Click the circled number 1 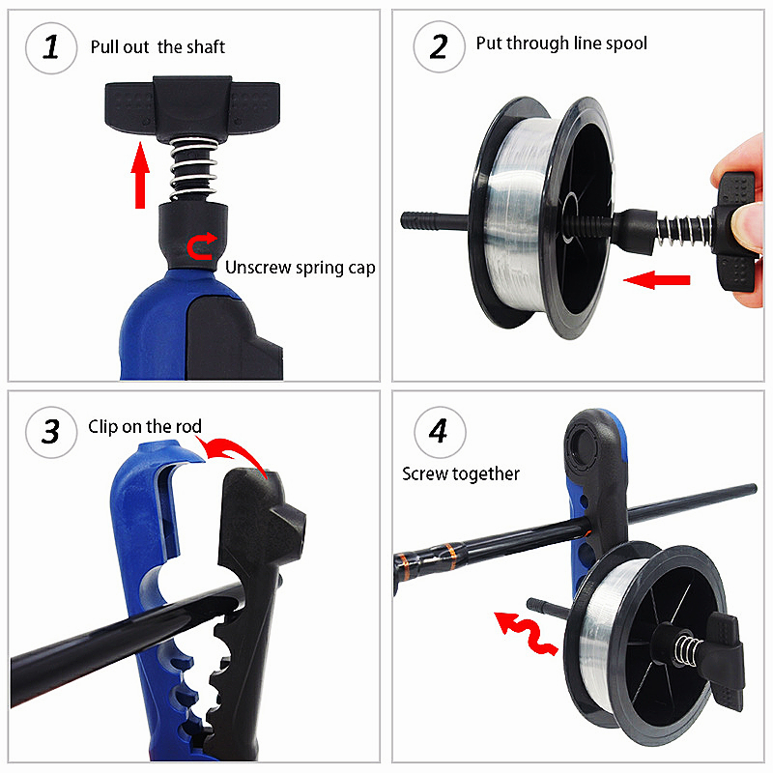pyautogui.click(x=51, y=47)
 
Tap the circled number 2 pyautogui.click(x=439, y=46)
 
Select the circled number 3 pyautogui.click(x=51, y=432)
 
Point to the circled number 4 pyautogui.click(x=440, y=432)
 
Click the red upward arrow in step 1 pyautogui.click(x=140, y=175)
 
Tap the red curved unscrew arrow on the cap pyautogui.click(x=201, y=245)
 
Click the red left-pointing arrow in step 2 pyautogui.click(x=657, y=280)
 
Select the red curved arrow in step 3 pyautogui.click(x=239, y=451)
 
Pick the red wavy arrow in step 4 pyautogui.click(x=526, y=634)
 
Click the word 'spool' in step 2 pyautogui.click(x=626, y=43)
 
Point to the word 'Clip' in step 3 pyautogui.click(x=102, y=426)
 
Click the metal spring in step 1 pyautogui.click(x=193, y=168)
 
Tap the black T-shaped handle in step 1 pyautogui.click(x=192, y=105)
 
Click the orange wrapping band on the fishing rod pyautogui.click(x=449, y=556)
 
